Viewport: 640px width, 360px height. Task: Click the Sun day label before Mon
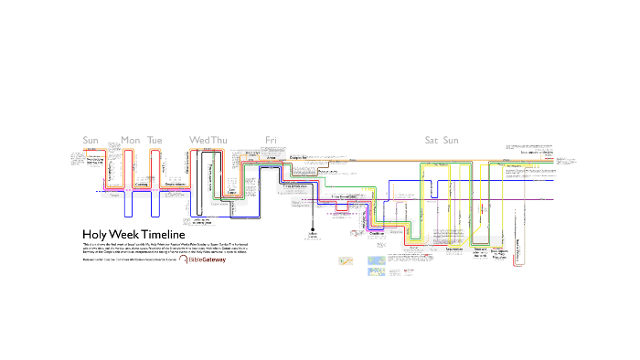pyautogui.click(x=91, y=140)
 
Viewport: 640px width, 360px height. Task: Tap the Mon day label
pyautogui.click(x=131, y=140)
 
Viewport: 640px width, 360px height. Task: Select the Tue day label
pyautogui.click(x=155, y=140)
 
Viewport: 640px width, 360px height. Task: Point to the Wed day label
pyautogui.click(x=199, y=140)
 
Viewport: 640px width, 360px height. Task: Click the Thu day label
pyautogui.click(x=219, y=140)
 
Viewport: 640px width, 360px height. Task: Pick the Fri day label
pyautogui.click(x=271, y=140)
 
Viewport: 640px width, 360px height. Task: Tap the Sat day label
pyautogui.click(x=432, y=140)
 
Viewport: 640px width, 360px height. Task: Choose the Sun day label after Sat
pyautogui.click(x=451, y=140)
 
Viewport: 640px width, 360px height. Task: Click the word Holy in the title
pyautogui.click(x=95, y=235)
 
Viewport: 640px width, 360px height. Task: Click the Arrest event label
pyautogui.click(x=271, y=158)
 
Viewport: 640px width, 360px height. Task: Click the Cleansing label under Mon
pyautogui.click(x=142, y=184)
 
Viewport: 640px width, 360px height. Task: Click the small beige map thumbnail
pyautogui.click(x=346, y=261)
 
